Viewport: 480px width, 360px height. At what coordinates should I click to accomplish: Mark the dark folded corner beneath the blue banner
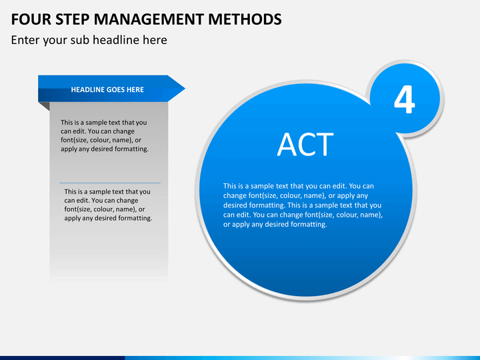[45, 106]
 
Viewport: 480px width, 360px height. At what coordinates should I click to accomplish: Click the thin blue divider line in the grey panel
[110, 183]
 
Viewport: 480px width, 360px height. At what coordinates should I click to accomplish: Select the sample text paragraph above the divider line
[105, 136]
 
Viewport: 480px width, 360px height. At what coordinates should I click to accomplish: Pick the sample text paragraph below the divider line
[108, 205]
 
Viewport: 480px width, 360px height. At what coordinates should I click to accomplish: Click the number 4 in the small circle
[404, 101]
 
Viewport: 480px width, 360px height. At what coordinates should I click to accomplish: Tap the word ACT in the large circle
[305, 145]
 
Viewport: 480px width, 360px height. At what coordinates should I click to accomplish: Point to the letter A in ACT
[287, 145]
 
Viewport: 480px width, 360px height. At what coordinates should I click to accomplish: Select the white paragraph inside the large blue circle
[303, 205]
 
